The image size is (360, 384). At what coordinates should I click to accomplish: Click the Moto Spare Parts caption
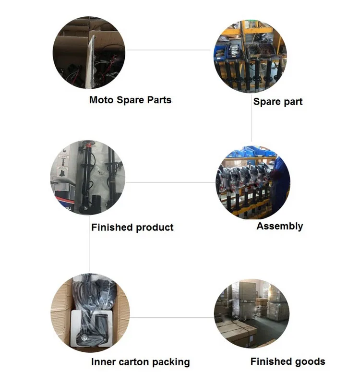[x=130, y=100]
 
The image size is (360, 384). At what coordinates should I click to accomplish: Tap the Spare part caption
[x=278, y=102]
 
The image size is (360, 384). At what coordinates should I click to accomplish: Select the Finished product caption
[x=132, y=227]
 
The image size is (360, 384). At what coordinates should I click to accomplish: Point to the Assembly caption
[x=279, y=226]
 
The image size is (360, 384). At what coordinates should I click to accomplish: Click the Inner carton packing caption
[x=140, y=362]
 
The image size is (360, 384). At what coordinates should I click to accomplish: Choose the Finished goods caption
[x=288, y=361]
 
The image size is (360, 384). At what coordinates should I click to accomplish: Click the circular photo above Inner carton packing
[x=90, y=312]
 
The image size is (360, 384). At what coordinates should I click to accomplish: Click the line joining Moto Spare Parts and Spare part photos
[x=168, y=49]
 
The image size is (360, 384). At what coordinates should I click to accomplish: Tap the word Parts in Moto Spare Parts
[x=157, y=100]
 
